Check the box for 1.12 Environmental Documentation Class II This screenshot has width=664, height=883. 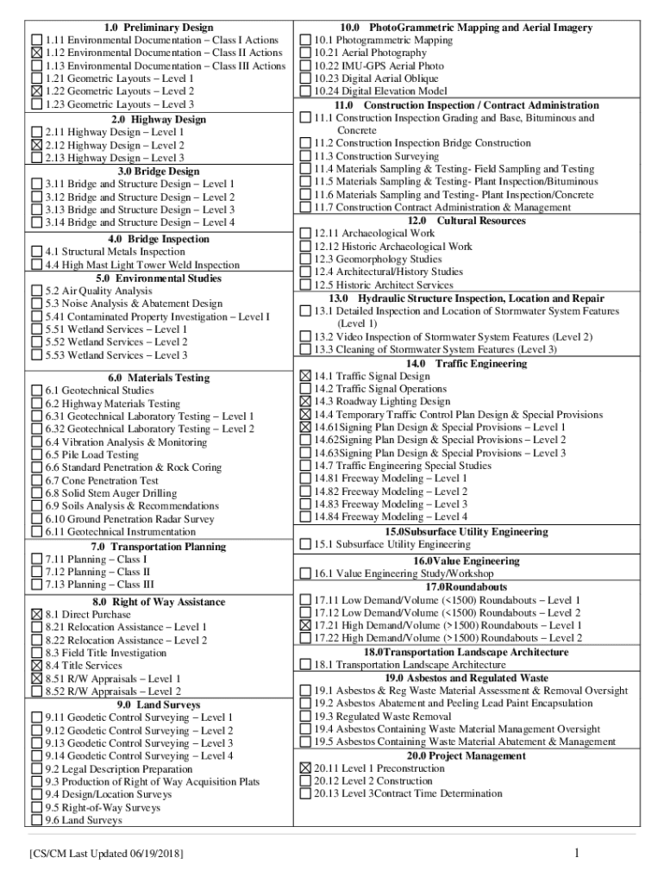36,53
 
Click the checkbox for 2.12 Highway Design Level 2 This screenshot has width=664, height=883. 36,146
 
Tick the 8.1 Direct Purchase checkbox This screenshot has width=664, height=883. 36,615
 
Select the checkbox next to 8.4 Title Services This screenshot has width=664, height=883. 36,666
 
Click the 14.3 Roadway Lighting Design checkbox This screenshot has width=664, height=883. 305,402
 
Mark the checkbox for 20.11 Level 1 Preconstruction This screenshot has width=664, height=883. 305,768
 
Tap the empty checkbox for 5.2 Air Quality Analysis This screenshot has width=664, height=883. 36,291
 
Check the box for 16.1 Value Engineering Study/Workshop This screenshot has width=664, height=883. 305,573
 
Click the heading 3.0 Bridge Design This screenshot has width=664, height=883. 159,172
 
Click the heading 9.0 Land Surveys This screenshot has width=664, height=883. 158,705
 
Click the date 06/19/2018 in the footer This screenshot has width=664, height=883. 155,854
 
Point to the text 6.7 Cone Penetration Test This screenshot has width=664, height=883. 102,481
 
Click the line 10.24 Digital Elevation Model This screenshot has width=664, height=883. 380,91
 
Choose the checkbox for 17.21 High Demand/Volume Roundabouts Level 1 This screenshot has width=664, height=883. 305,625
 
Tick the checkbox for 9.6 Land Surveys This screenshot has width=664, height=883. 36,820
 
